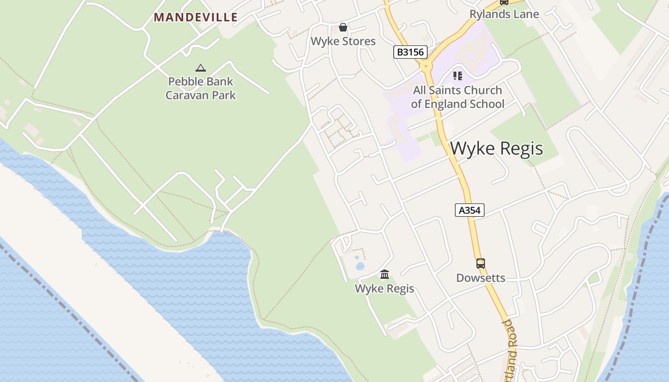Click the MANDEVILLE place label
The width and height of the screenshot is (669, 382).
coord(195,18)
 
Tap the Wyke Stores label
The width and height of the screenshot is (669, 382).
coord(343,41)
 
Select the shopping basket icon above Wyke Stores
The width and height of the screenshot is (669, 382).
coord(343,27)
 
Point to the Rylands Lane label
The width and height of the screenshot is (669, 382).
coord(504,14)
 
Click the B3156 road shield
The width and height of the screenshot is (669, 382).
coord(410,52)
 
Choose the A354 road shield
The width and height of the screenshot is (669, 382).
coord(469,210)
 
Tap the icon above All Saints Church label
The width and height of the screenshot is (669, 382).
coord(458,76)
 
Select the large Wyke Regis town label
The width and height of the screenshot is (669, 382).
coord(496,149)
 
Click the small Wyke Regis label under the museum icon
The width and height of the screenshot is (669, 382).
coord(384,288)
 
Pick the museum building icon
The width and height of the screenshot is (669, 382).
coord(385,274)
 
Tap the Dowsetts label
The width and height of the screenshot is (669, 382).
coord(480,278)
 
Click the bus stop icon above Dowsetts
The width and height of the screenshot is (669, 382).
coord(480,264)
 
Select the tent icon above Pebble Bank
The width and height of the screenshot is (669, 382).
coord(201,68)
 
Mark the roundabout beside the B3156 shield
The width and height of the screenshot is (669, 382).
coord(426,64)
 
